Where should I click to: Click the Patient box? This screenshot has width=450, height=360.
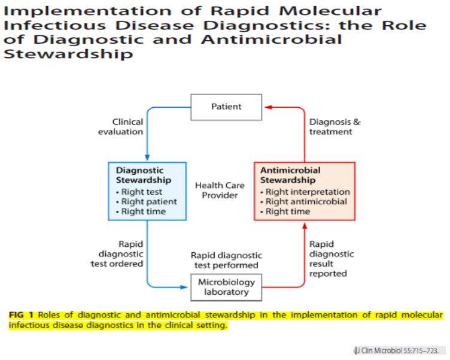(226, 107)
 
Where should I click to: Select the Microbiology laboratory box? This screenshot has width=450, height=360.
(226, 288)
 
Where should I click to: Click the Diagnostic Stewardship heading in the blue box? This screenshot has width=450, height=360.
(143, 175)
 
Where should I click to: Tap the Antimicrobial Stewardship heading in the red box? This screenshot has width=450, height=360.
(291, 175)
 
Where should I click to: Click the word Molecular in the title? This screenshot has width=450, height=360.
(333, 12)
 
